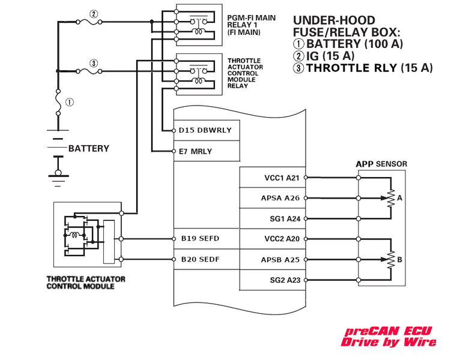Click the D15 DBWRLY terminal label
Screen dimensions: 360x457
coord(205,130)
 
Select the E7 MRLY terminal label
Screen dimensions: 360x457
coord(195,151)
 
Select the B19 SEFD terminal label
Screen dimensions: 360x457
coord(200,239)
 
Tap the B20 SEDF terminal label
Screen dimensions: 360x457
coord(200,260)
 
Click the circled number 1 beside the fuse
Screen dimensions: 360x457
coord(70,102)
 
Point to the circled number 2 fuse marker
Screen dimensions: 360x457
coord(94,13)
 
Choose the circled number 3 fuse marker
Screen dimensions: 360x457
coord(94,63)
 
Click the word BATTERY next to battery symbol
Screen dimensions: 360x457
coord(89,148)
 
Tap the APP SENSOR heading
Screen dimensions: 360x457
coord(381,164)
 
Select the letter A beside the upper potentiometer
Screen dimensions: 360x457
coord(400,197)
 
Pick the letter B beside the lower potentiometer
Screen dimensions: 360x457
coord(400,260)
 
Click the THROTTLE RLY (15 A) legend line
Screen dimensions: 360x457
coord(363,68)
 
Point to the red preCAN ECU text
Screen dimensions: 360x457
coord(387,331)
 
